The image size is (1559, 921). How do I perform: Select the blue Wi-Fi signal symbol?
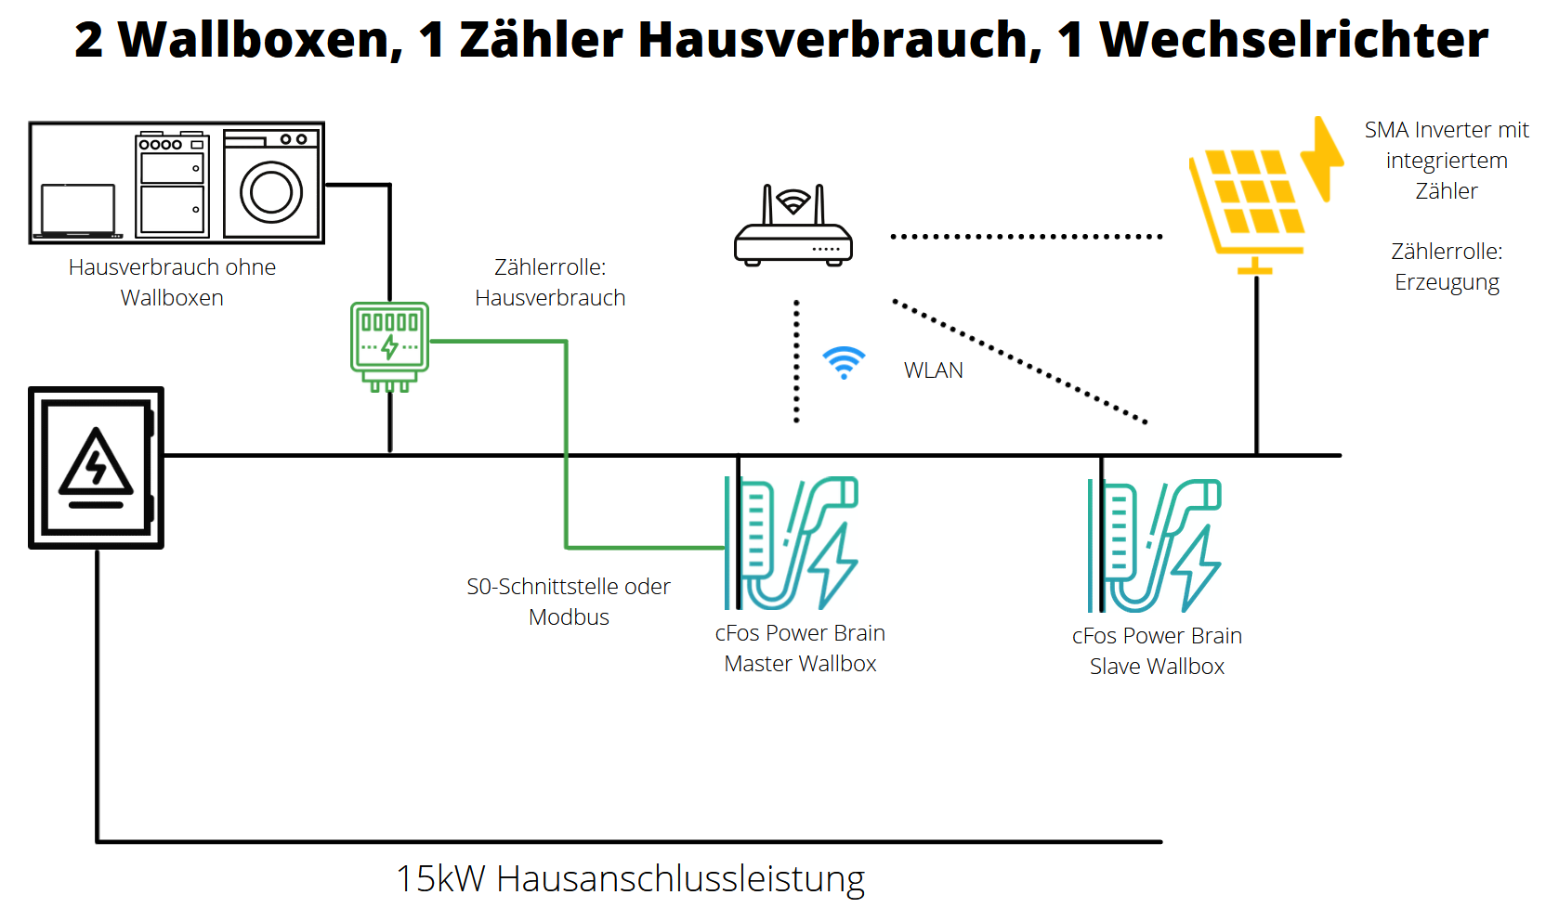[x=844, y=362]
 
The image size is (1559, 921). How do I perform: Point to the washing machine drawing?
[x=271, y=184]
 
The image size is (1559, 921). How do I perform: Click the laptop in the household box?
[x=78, y=210]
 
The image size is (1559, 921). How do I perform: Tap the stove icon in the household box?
[x=172, y=184]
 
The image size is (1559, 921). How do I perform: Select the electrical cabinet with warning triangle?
[x=97, y=468]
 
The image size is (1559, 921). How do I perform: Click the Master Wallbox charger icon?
[x=792, y=543]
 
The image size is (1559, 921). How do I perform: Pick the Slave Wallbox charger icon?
[x=1155, y=546]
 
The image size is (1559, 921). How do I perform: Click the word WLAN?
[x=933, y=370]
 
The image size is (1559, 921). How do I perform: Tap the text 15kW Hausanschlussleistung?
[x=630, y=878]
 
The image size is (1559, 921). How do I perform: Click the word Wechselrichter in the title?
[x=1293, y=41]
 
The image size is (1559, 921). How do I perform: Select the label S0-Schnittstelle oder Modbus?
[x=569, y=602]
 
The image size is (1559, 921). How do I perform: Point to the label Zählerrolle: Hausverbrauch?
[x=550, y=282]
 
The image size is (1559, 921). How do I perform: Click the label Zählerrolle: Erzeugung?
[x=1447, y=266]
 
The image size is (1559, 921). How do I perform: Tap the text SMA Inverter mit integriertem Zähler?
[x=1447, y=161]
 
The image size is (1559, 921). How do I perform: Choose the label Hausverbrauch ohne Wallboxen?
[x=172, y=282]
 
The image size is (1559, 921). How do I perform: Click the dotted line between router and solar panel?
[x=1027, y=237]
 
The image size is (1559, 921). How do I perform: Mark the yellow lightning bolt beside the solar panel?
[x=1323, y=158]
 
